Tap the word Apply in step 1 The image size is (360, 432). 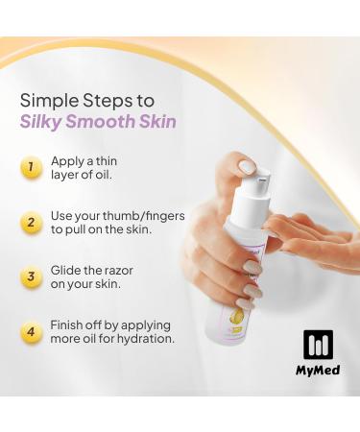68,162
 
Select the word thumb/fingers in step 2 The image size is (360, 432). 134,216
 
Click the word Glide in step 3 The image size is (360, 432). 67,270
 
